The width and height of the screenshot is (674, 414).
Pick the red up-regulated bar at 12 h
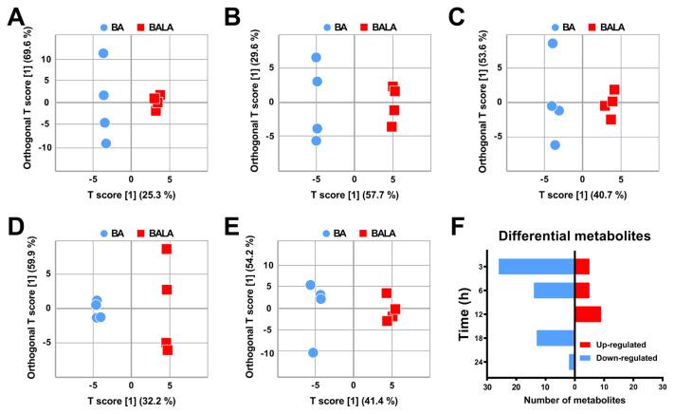pos(588,314)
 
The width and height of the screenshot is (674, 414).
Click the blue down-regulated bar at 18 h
pos(556,338)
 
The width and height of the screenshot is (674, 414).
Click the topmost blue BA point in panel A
pos(103,53)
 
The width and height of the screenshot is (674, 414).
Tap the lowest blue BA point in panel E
pos(313,352)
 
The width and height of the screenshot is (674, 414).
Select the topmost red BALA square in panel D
pos(166,249)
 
